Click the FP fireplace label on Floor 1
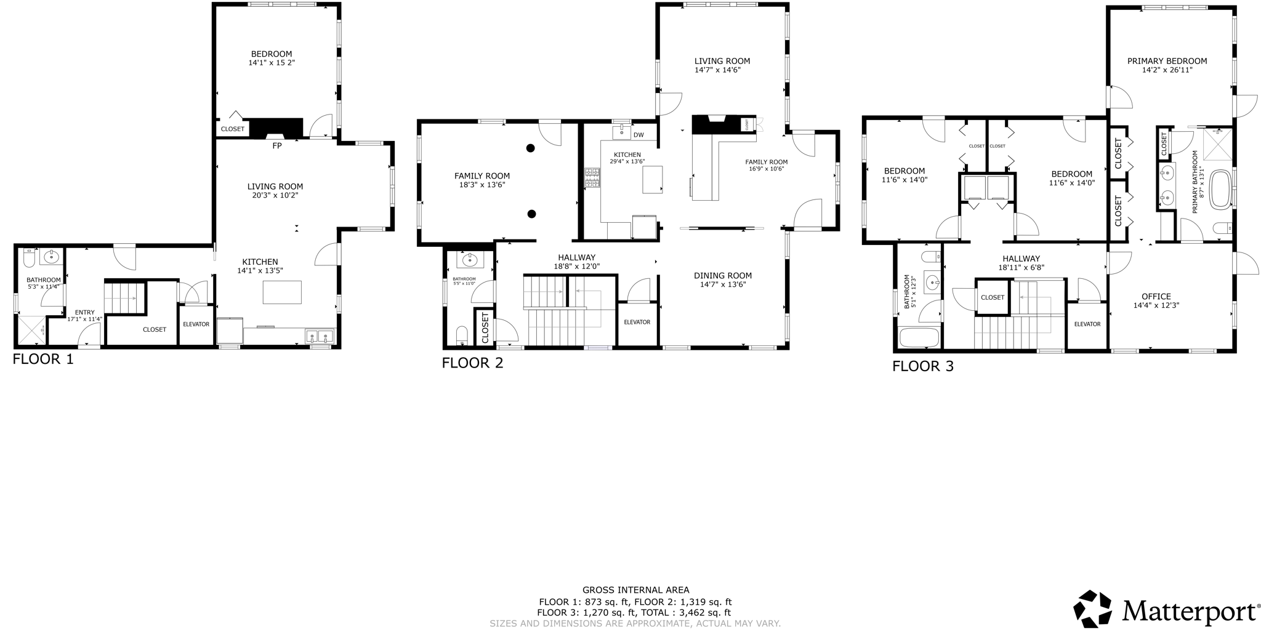click(x=277, y=146)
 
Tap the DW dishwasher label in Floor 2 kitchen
click(x=639, y=135)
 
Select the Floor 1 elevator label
click(x=196, y=324)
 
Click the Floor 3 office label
click(x=1156, y=296)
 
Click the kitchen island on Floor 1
click(x=282, y=292)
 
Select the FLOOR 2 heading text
click(x=472, y=363)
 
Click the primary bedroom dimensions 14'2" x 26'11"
click(x=1167, y=70)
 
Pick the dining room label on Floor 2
click(x=722, y=275)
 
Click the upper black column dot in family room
click(x=530, y=148)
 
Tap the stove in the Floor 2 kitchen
click(x=592, y=178)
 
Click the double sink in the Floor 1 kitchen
click(x=320, y=336)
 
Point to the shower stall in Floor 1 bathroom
click(x=31, y=331)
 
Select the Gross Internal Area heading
click(x=635, y=590)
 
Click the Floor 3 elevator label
click(x=1087, y=324)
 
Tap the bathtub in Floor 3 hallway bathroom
click(x=919, y=337)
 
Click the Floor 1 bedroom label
click(x=271, y=54)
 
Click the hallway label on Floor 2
click(x=576, y=257)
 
